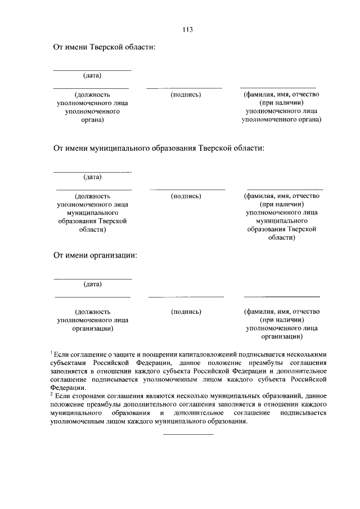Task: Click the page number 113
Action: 188,30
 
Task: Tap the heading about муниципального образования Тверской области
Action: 158,148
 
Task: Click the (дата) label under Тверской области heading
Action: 92,75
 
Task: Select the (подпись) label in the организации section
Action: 186,311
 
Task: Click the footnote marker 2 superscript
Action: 52,394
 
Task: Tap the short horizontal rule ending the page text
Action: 188,434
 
